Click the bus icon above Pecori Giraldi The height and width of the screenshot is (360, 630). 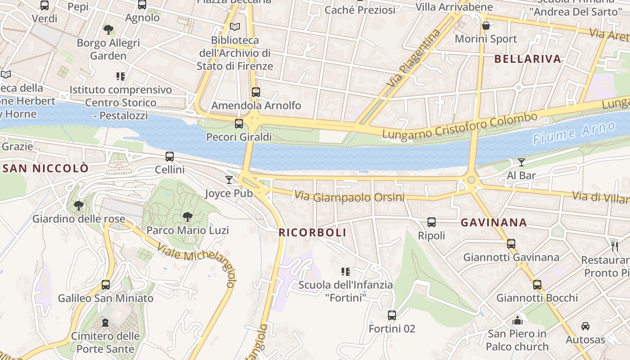(x=239, y=123)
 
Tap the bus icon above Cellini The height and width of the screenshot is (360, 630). (x=170, y=157)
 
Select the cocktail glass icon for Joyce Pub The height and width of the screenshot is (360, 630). (x=229, y=180)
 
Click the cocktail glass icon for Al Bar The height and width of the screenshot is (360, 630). (x=522, y=162)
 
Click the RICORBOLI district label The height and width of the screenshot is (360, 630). (x=312, y=233)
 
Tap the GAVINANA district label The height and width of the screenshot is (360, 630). (x=494, y=222)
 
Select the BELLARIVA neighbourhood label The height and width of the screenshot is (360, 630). (x=528, y=59)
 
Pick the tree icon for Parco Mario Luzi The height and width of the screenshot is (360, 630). (x=188, y=217)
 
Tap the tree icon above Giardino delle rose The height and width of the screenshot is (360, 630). (x=79, y=206)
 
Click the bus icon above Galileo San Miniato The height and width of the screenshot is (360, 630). (x=106, y=284)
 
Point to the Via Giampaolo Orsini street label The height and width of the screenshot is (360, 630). (x=349, y=197)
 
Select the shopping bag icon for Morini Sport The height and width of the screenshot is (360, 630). (x=486, y=26)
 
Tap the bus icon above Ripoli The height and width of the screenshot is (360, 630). (x=432, y=222)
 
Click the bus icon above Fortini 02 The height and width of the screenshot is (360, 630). (x=392, y=315)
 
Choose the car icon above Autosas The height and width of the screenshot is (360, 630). (x=585, y=326)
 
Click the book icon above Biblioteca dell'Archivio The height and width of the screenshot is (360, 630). (x=235, y=27)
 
